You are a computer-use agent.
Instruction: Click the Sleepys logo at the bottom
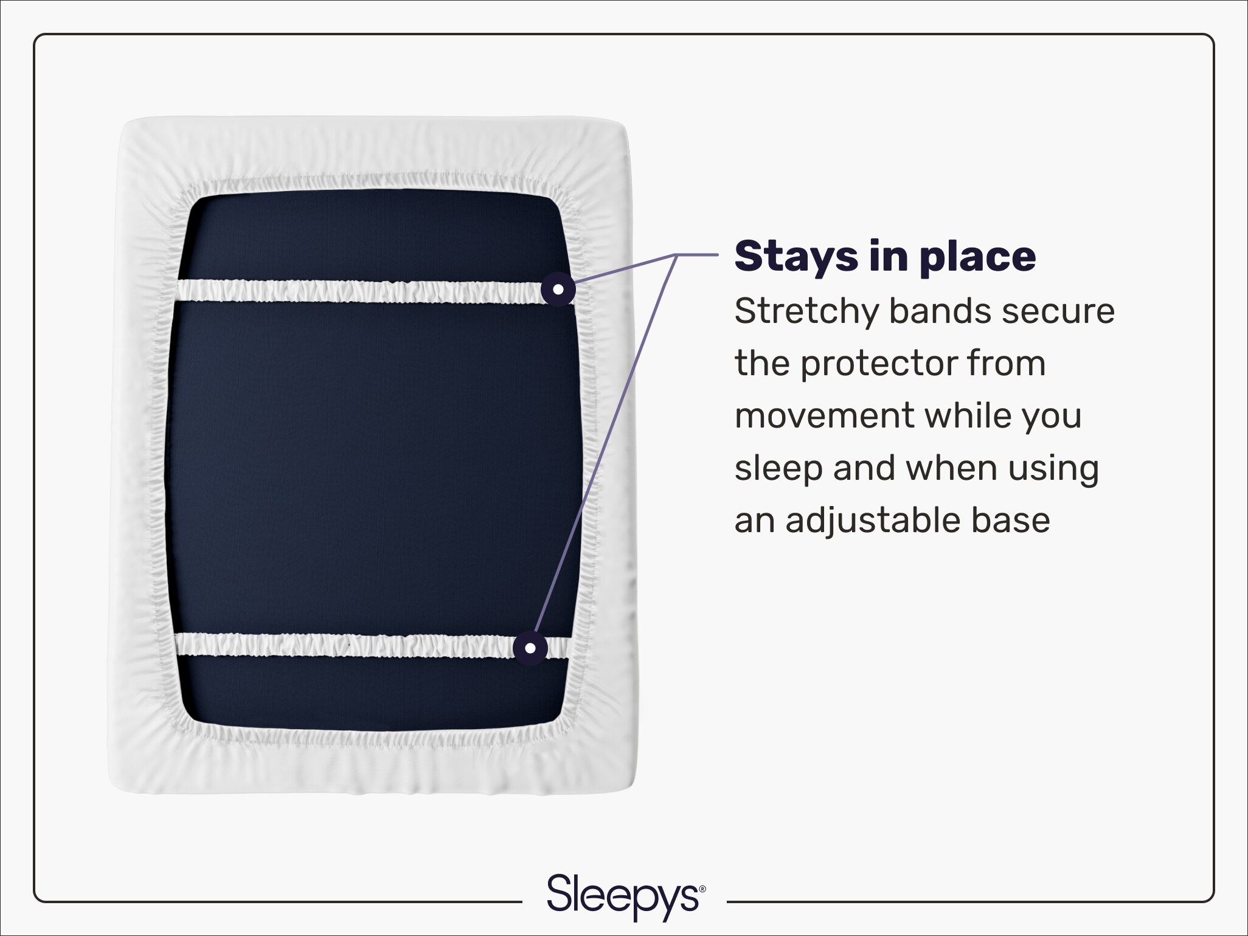tap(624, 896)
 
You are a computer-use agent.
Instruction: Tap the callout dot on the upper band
tap(558, 289)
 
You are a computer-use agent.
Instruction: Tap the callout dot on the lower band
tap(530, 648)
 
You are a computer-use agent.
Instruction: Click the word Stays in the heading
tap(796, 257)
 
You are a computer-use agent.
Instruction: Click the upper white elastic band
tap(359, 291)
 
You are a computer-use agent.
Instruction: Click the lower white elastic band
tap(341, 645)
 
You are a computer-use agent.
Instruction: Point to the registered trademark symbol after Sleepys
tap(703, 889)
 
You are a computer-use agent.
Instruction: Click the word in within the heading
tap(888, 257)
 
